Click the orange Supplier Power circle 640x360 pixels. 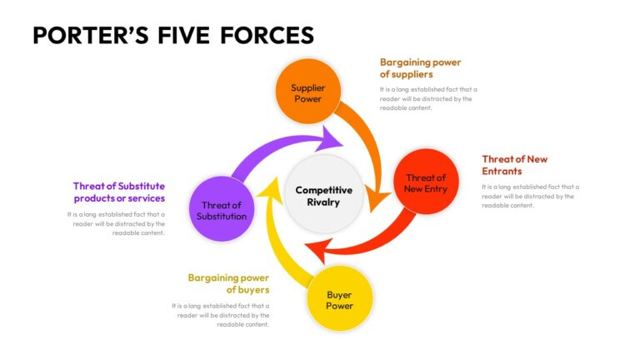(x=307, y=92)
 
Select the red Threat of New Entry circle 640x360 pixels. (x=426, y=182)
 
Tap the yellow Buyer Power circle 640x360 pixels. (x=340, y=299)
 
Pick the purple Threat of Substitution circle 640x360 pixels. (x=222, y=209)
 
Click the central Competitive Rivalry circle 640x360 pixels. (x=323, y=194)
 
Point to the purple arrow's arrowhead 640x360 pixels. (x=332, y=138)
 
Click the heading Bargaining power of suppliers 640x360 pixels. (x=420, y=68)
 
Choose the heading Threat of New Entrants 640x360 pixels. (x=514, y=165)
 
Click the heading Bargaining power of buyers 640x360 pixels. (x=228, y=283)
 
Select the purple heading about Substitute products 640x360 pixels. (x=119, y=192)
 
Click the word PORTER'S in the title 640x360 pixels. (x=91, y=35)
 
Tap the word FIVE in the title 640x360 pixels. (x=183, y=35)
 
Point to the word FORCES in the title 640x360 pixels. (x=267, y=35)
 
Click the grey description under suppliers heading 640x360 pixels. (x=428, y=98)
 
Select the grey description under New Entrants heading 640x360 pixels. (x=530, y=196)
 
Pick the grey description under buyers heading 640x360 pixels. (x=220, y=315)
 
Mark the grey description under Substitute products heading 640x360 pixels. (x=116, y=223)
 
